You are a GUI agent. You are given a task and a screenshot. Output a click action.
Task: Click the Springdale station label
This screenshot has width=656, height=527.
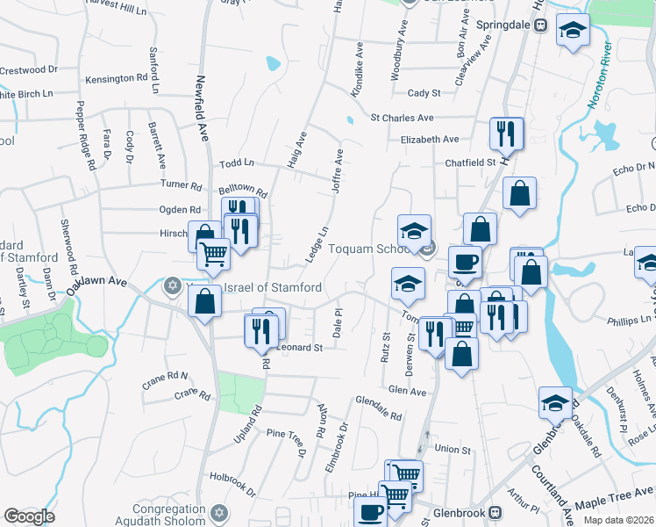pyautogui.click(x=505, y=25)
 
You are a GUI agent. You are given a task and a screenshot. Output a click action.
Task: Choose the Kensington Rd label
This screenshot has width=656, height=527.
pyautogui.click(x=116, y=79)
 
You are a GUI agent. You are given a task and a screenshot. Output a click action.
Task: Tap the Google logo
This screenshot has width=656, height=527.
pyautogui.click(x=29, y=516)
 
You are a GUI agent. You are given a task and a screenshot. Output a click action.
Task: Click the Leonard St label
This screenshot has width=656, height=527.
pyautogui.click(x=300, y=347)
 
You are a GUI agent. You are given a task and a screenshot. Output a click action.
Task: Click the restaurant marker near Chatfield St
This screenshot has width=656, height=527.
pyautogui.click(x=506, y=134)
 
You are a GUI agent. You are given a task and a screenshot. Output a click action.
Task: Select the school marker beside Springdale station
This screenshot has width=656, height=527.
pyautogui.click(x=573, y=32)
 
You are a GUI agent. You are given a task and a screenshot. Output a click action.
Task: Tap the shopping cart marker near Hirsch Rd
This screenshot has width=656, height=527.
pyautogui.click(x=213, y=254)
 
